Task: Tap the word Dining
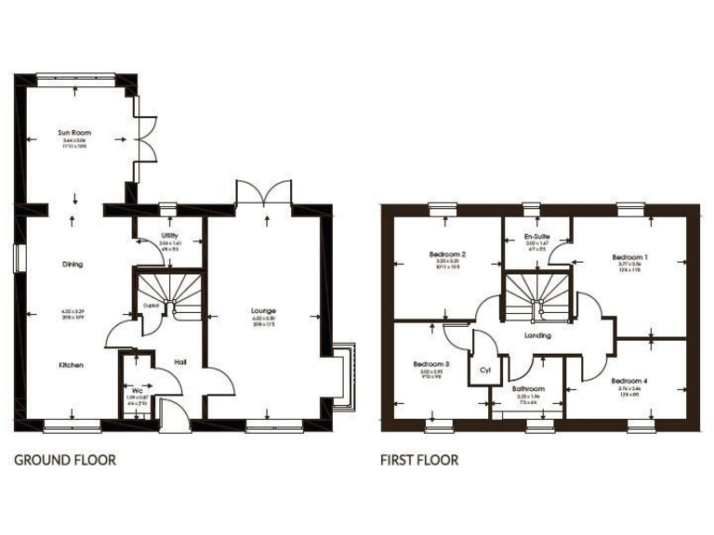click(73, 264)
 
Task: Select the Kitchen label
click(72, 365)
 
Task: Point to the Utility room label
click(168, 236)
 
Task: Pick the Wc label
click(136, 390)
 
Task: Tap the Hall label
click(182, 361)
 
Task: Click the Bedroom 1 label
click(629, 255)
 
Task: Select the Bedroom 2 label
click(447, 254)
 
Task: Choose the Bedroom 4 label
click(629, 381)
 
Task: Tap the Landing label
click(537, 335)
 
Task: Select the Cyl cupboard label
click(484, 369)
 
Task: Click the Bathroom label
click(528, 388)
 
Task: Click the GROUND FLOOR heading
click(65, 459)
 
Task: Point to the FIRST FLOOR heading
click(418, 459)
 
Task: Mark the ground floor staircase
click(169, 287)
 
